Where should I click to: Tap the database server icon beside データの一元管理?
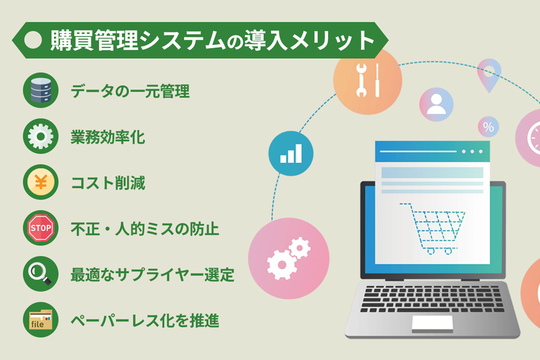[x=40, y=91]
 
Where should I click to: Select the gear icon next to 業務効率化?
[x=40, y=137]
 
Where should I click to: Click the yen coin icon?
[x=40, y=182]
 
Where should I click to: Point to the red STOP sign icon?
[x=40, y=228]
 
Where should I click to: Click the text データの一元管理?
[x=130, y=92]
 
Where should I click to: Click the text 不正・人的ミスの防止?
[x=145, y=229]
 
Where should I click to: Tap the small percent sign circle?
[x=488, y=127]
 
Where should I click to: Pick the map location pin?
[x=489, y=73]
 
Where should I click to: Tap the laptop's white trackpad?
[x=432, y=322]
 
